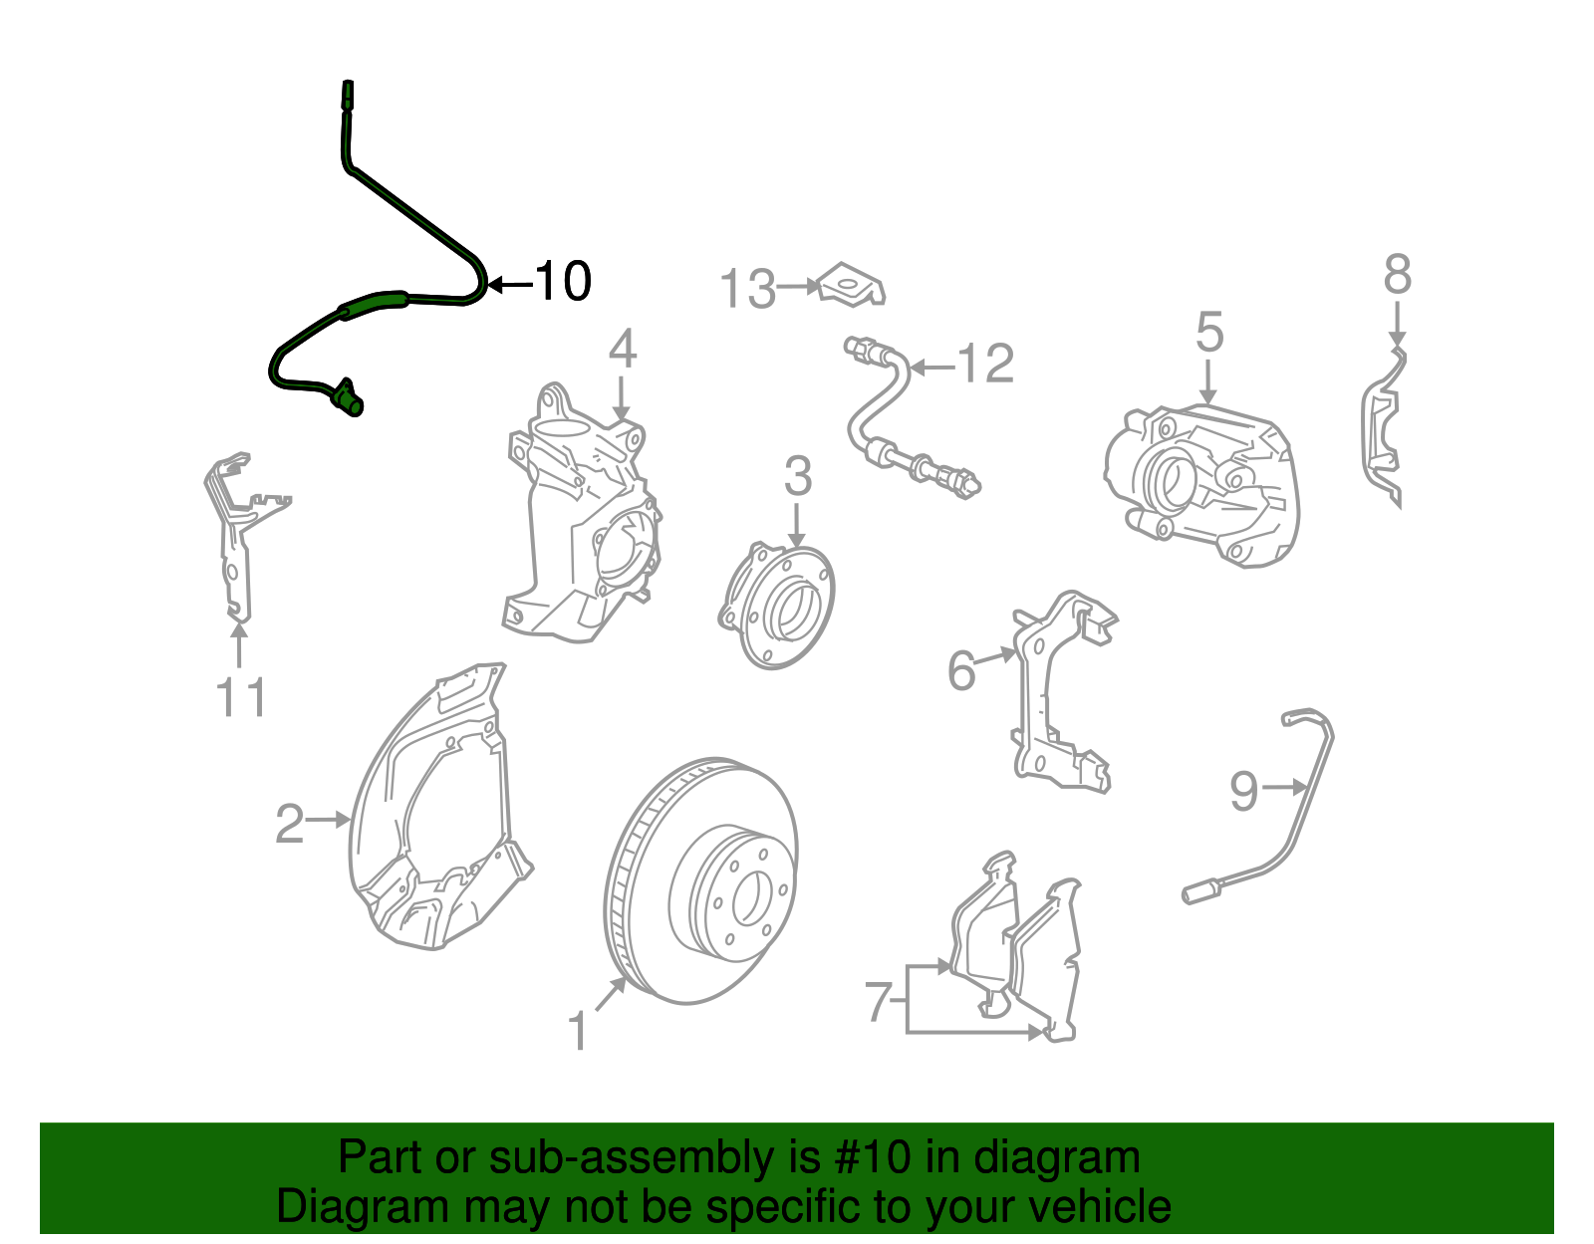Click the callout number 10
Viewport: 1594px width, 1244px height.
click(563, 281)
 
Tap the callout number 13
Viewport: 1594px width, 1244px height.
click(747, 288)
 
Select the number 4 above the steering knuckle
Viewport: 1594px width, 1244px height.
click(622, 349)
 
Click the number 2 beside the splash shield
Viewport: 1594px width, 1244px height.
click(289, 824)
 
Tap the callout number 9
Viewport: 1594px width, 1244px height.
click(1244, 791)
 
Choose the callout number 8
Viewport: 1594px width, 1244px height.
click(1398, 275)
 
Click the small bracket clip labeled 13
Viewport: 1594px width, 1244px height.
click(853, 285)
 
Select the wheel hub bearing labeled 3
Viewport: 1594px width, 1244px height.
click(777, 606)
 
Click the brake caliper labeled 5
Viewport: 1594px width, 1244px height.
click(1201, 485)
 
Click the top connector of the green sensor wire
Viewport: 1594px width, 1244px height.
click(347, 95)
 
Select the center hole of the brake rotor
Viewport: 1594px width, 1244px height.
click(747, 896)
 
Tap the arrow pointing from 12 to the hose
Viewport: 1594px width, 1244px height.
click(933, 367)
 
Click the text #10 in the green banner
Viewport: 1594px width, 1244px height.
click(872, 1157)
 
